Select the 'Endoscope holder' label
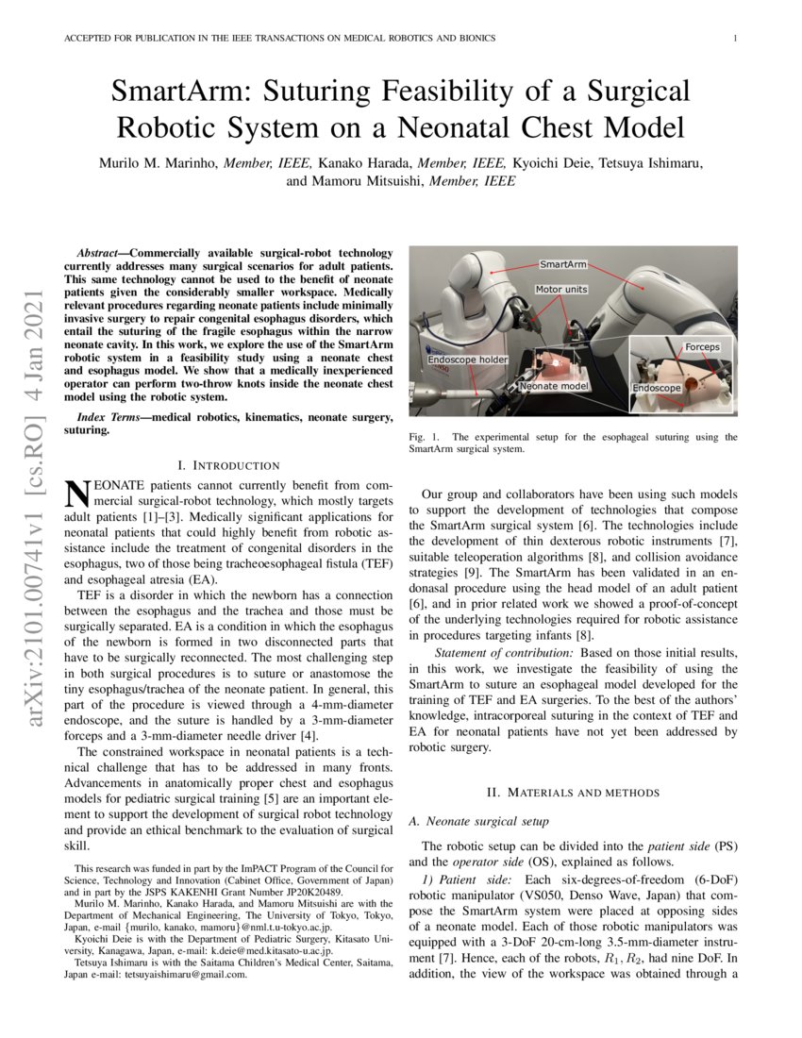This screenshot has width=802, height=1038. point(468,360)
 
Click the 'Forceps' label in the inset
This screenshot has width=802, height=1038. point(702,347)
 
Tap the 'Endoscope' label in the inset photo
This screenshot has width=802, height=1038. point(657,388)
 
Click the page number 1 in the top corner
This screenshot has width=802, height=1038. point(734,38)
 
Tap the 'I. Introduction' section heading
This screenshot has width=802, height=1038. point(229,465)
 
